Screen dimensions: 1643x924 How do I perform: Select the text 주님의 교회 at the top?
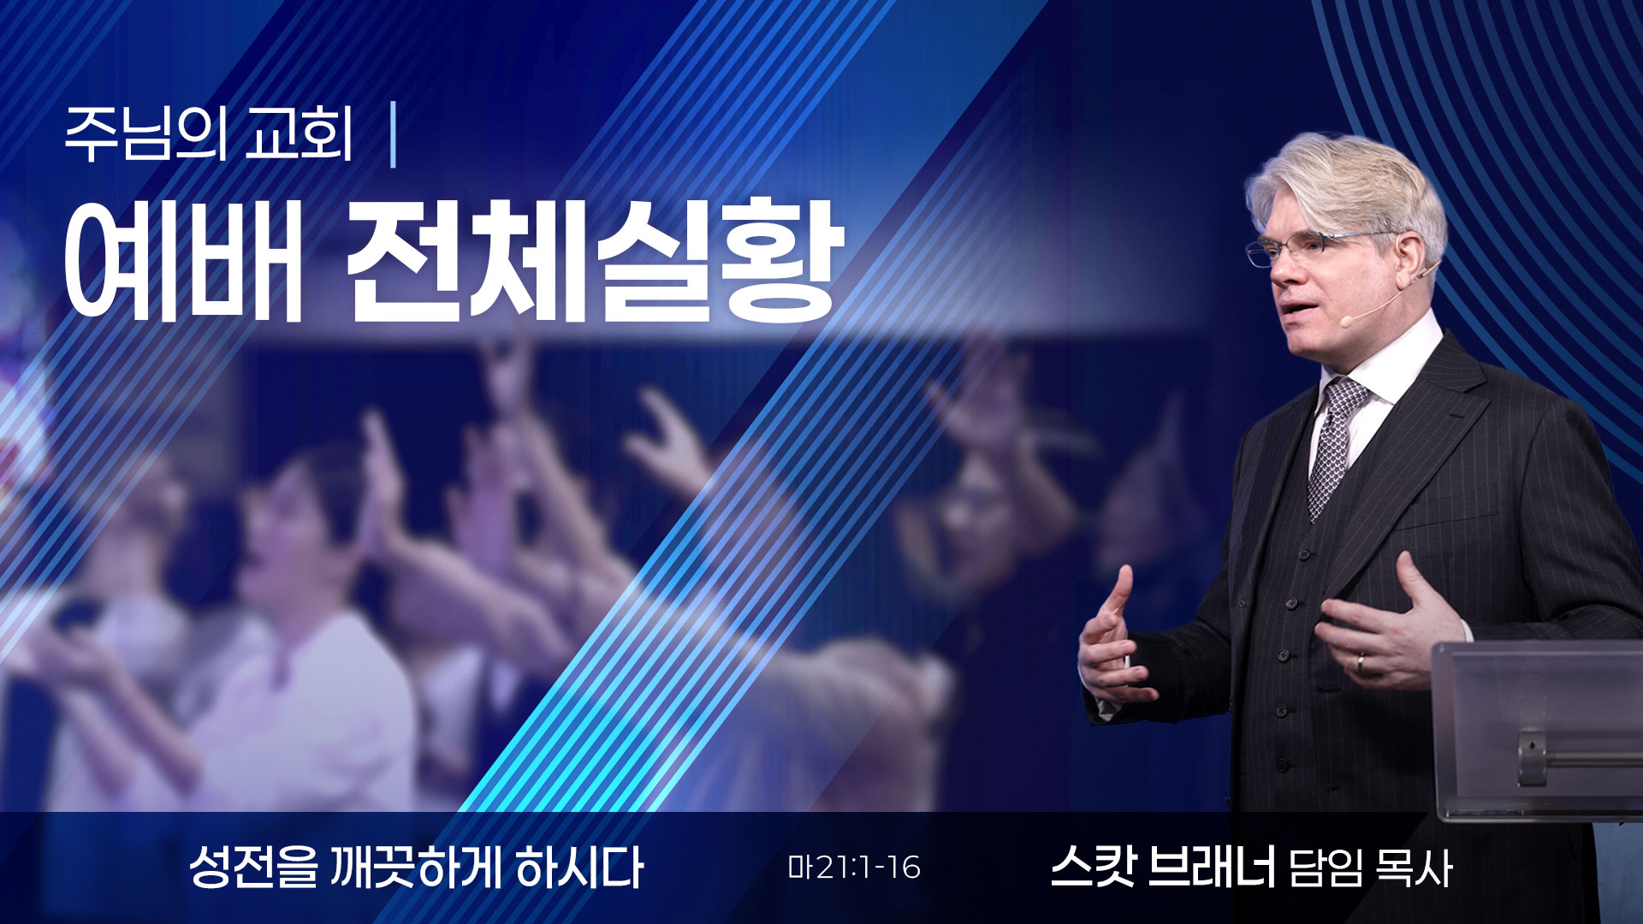pyautogui.click(x=209, y=136)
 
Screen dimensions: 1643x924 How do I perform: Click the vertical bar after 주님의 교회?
pyautogui.click(x=393, y=136)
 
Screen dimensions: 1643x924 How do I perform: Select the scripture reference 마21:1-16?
pyautogui.click(x=854, y=868)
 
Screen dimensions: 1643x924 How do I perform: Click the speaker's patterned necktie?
pyautogui.click(x=1336, y=445)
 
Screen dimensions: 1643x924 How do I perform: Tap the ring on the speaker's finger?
pyautogui.click(x=1361, y=662)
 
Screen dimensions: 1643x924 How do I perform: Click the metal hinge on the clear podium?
pyautogui.click(x=1532, y=756)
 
